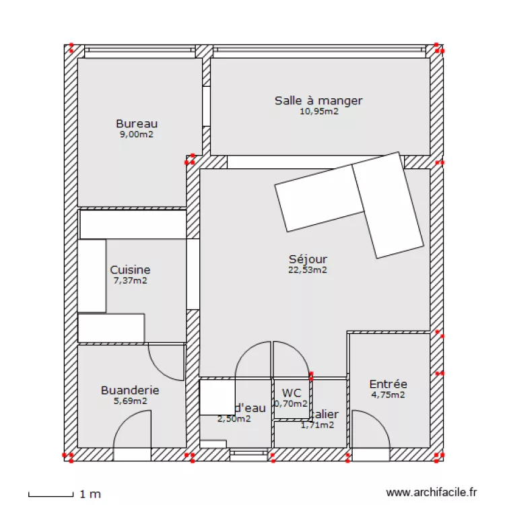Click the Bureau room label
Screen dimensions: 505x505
click(x=137, y=124)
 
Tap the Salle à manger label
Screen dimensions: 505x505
click(x=318, y=101)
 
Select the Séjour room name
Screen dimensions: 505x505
click(x=308, y=259)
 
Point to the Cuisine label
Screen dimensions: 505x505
click(x=130, y=270)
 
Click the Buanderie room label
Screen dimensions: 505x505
click(x=130, y=390)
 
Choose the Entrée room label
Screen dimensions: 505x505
click(x=389, y=384)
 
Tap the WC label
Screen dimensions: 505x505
click(x=292, y=393)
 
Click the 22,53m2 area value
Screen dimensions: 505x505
click(x=308, y=271)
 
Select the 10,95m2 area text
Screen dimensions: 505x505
click(x=318, y=112)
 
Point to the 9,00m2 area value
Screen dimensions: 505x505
click(x=137, y=135)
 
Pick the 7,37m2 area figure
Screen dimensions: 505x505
click(x=130, y=281)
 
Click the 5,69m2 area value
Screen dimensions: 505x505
click(x=130, y=401)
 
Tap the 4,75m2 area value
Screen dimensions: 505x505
click(x=389, y=395)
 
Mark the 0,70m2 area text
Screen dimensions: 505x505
click(x=290, y=404)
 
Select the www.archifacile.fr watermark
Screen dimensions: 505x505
click(x=432, y=494)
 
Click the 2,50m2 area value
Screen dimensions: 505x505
click(x=234, y=419)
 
